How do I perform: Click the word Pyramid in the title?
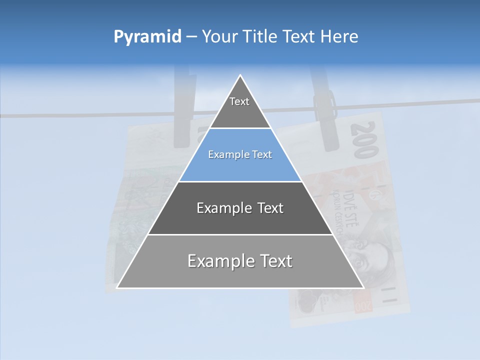147,37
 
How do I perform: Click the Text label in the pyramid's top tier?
239,101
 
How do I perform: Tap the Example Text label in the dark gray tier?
240,208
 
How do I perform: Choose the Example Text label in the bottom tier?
240,261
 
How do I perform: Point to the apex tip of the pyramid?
240,76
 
